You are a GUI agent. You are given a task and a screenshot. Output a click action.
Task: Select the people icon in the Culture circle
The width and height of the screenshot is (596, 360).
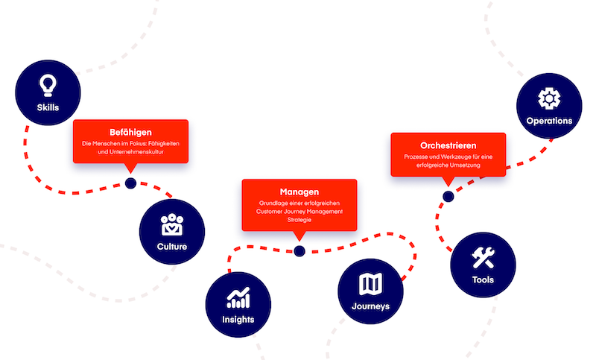[173, 224]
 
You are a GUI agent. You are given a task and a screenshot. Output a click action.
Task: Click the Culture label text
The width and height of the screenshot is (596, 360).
[172, 247]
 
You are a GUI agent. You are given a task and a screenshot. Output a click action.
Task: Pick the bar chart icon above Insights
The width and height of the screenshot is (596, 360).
[238, 298]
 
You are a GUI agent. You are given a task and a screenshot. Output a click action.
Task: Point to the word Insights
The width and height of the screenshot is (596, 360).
[238, 320]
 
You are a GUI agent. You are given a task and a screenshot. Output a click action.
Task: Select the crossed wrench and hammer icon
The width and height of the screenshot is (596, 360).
[483, 258]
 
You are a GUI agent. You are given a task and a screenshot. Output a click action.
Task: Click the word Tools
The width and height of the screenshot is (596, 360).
[483, 280]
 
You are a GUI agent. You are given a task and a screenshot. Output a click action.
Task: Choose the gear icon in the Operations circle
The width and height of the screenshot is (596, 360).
[548, 98]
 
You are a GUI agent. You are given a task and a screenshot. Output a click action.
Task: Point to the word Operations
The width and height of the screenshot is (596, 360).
[549, 120]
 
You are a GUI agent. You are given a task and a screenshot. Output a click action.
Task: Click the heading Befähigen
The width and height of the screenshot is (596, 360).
[130, 132]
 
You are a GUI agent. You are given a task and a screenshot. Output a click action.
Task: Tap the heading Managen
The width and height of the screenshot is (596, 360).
[299, 192]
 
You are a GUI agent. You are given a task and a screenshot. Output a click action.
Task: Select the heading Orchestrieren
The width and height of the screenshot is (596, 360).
[448, 145]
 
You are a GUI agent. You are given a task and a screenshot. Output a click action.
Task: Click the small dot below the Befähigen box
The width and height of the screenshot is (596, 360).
[131, 183]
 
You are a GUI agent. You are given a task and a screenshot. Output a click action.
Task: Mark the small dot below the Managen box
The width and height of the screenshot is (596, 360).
[299, 251]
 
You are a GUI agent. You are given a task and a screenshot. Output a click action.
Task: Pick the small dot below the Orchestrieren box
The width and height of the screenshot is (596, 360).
[448, 197]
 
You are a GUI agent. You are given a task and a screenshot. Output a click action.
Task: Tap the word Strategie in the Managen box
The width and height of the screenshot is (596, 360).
[299, 221]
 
